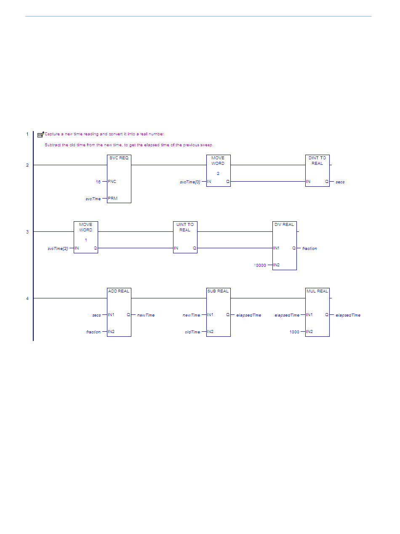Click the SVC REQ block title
(119, 158)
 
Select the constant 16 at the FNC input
(98, 182)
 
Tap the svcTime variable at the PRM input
(93, 199)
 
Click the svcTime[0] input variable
(190, 182)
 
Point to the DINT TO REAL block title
(317, 161)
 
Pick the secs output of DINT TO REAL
(340, 182)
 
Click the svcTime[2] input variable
(58, 248)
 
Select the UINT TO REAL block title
(185, 227)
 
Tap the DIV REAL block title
(284, 224)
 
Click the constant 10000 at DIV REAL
(260, 266)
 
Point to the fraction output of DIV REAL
(309, 248)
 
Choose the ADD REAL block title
(119, 291)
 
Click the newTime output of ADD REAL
(146, 315)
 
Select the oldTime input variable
(192, 332)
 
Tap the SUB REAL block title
(218, 291)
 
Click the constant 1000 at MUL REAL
(294, 332)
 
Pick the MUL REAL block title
(317, 291)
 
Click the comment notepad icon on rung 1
(40, 134)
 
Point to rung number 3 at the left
(27, 232)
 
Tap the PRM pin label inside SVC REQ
(112, 198)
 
